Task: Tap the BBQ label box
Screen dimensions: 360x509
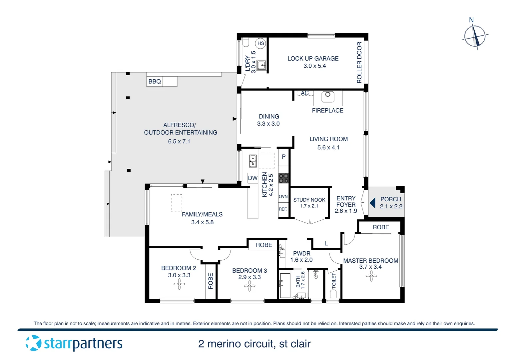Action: click(155, 82)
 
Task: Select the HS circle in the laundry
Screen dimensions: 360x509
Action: click(260, 43)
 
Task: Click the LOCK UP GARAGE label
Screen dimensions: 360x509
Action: click(313, 59)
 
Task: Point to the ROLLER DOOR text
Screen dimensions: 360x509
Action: click(359, 63)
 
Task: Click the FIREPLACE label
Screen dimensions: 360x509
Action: click(327, 111)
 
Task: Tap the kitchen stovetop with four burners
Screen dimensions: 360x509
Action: click(283, 178)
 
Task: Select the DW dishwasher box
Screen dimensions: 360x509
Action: click(253, 178)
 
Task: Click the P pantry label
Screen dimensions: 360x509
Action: click(283, 157)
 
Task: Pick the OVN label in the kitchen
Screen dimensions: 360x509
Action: click(283, 197)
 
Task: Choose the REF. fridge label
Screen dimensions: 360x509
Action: click(283, 209)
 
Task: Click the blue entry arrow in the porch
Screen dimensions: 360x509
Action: click(373, 203)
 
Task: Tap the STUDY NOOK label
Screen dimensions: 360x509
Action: click(309, 200)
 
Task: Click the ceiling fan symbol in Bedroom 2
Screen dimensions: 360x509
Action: click(179, 284)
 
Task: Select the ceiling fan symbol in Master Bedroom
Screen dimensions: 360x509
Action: click(371, 276)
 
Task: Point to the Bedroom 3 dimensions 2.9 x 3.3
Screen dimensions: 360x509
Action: click(250, 277)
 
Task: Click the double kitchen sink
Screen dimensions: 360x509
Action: click(253, 161)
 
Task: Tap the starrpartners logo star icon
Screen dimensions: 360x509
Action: click(33, 343)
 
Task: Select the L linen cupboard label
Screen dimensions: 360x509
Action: click(326, 244)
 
